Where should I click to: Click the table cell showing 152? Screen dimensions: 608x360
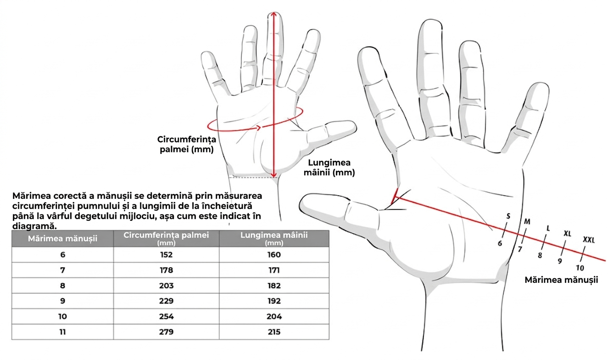point(166,254)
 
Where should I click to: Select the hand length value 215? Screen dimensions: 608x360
point(274,332)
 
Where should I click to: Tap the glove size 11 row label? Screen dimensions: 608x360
point(62,332)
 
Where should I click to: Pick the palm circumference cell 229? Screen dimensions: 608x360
point(166,301)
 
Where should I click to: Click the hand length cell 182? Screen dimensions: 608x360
point(274,286)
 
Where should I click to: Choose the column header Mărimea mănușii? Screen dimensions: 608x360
point(62,239)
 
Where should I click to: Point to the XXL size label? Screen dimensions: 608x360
point(589,240)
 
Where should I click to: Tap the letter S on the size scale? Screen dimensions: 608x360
point(508,216)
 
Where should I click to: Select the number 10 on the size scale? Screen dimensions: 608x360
point(580,268)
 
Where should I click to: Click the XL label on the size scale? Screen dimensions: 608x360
point(567,233)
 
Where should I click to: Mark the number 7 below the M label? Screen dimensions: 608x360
point(520,249)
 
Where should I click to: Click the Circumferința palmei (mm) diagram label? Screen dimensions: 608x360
point(186,144)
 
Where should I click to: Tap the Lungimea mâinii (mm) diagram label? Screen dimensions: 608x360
point(329,167)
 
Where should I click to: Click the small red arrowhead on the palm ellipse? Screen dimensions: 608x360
point(259,128)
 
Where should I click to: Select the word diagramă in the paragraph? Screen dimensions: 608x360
point(34,226)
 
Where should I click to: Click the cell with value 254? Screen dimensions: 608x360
point(166,316)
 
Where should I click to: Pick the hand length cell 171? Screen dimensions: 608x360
point(274,270)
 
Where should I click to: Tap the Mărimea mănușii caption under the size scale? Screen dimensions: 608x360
point(561,280)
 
